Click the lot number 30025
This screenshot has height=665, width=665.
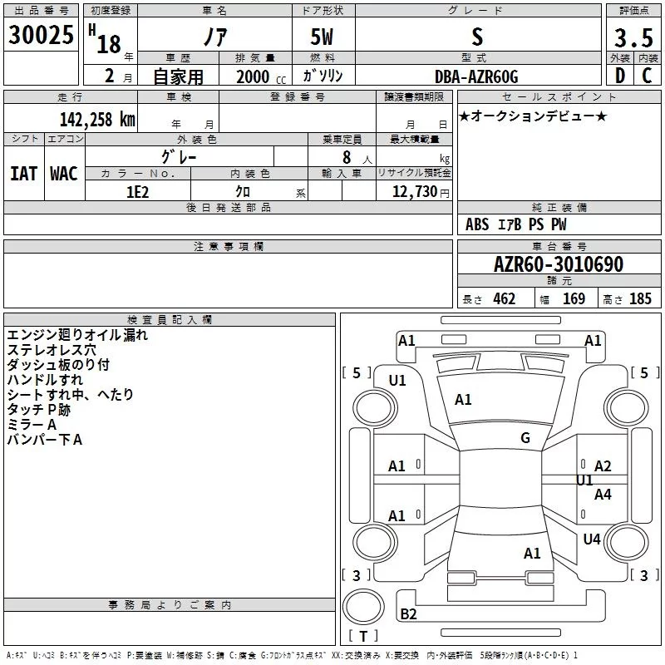coord(41,35)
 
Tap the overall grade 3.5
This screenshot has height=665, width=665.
coord(633,37)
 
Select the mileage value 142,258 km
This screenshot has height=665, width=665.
coord(97,120)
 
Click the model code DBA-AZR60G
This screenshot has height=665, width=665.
coord(476,76)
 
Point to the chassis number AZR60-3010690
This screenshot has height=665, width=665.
coord(559,264)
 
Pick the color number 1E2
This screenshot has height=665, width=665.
coord(138,192)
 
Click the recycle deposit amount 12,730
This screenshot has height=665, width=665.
coord(414,192)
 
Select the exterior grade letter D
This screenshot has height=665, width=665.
coord(620,76)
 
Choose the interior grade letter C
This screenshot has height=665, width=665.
coord(647,76)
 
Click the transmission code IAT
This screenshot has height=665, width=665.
coord(23,174)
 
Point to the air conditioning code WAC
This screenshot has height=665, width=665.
coord(64,174)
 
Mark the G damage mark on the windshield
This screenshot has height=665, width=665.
coord(525,437)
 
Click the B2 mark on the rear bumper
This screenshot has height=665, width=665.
coord(408,613)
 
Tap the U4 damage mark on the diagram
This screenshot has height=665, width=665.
coord(592,539)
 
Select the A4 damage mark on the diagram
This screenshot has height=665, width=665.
coord(603,494)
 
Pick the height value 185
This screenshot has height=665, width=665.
coord(640,298)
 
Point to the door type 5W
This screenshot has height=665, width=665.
coord(322,37)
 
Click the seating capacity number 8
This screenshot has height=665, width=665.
coord(347,157)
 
